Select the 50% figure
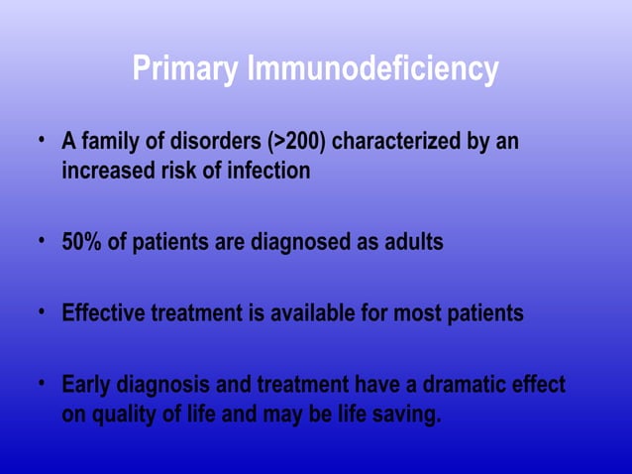coord(82,242)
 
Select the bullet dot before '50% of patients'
coord(43,240)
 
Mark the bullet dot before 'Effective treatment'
coord(43,312)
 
